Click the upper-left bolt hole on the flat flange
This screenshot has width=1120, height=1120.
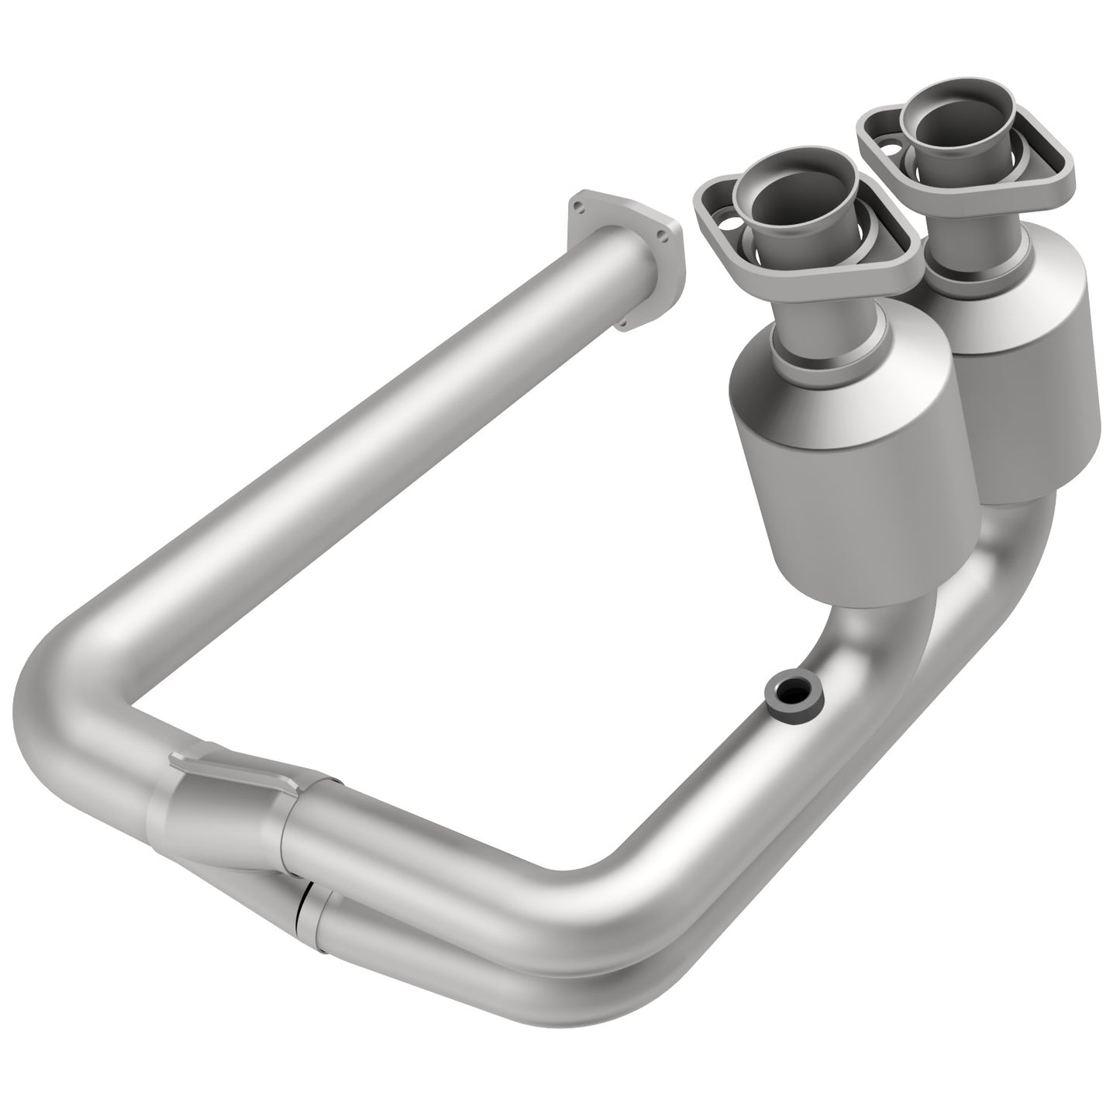coord(577,205)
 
